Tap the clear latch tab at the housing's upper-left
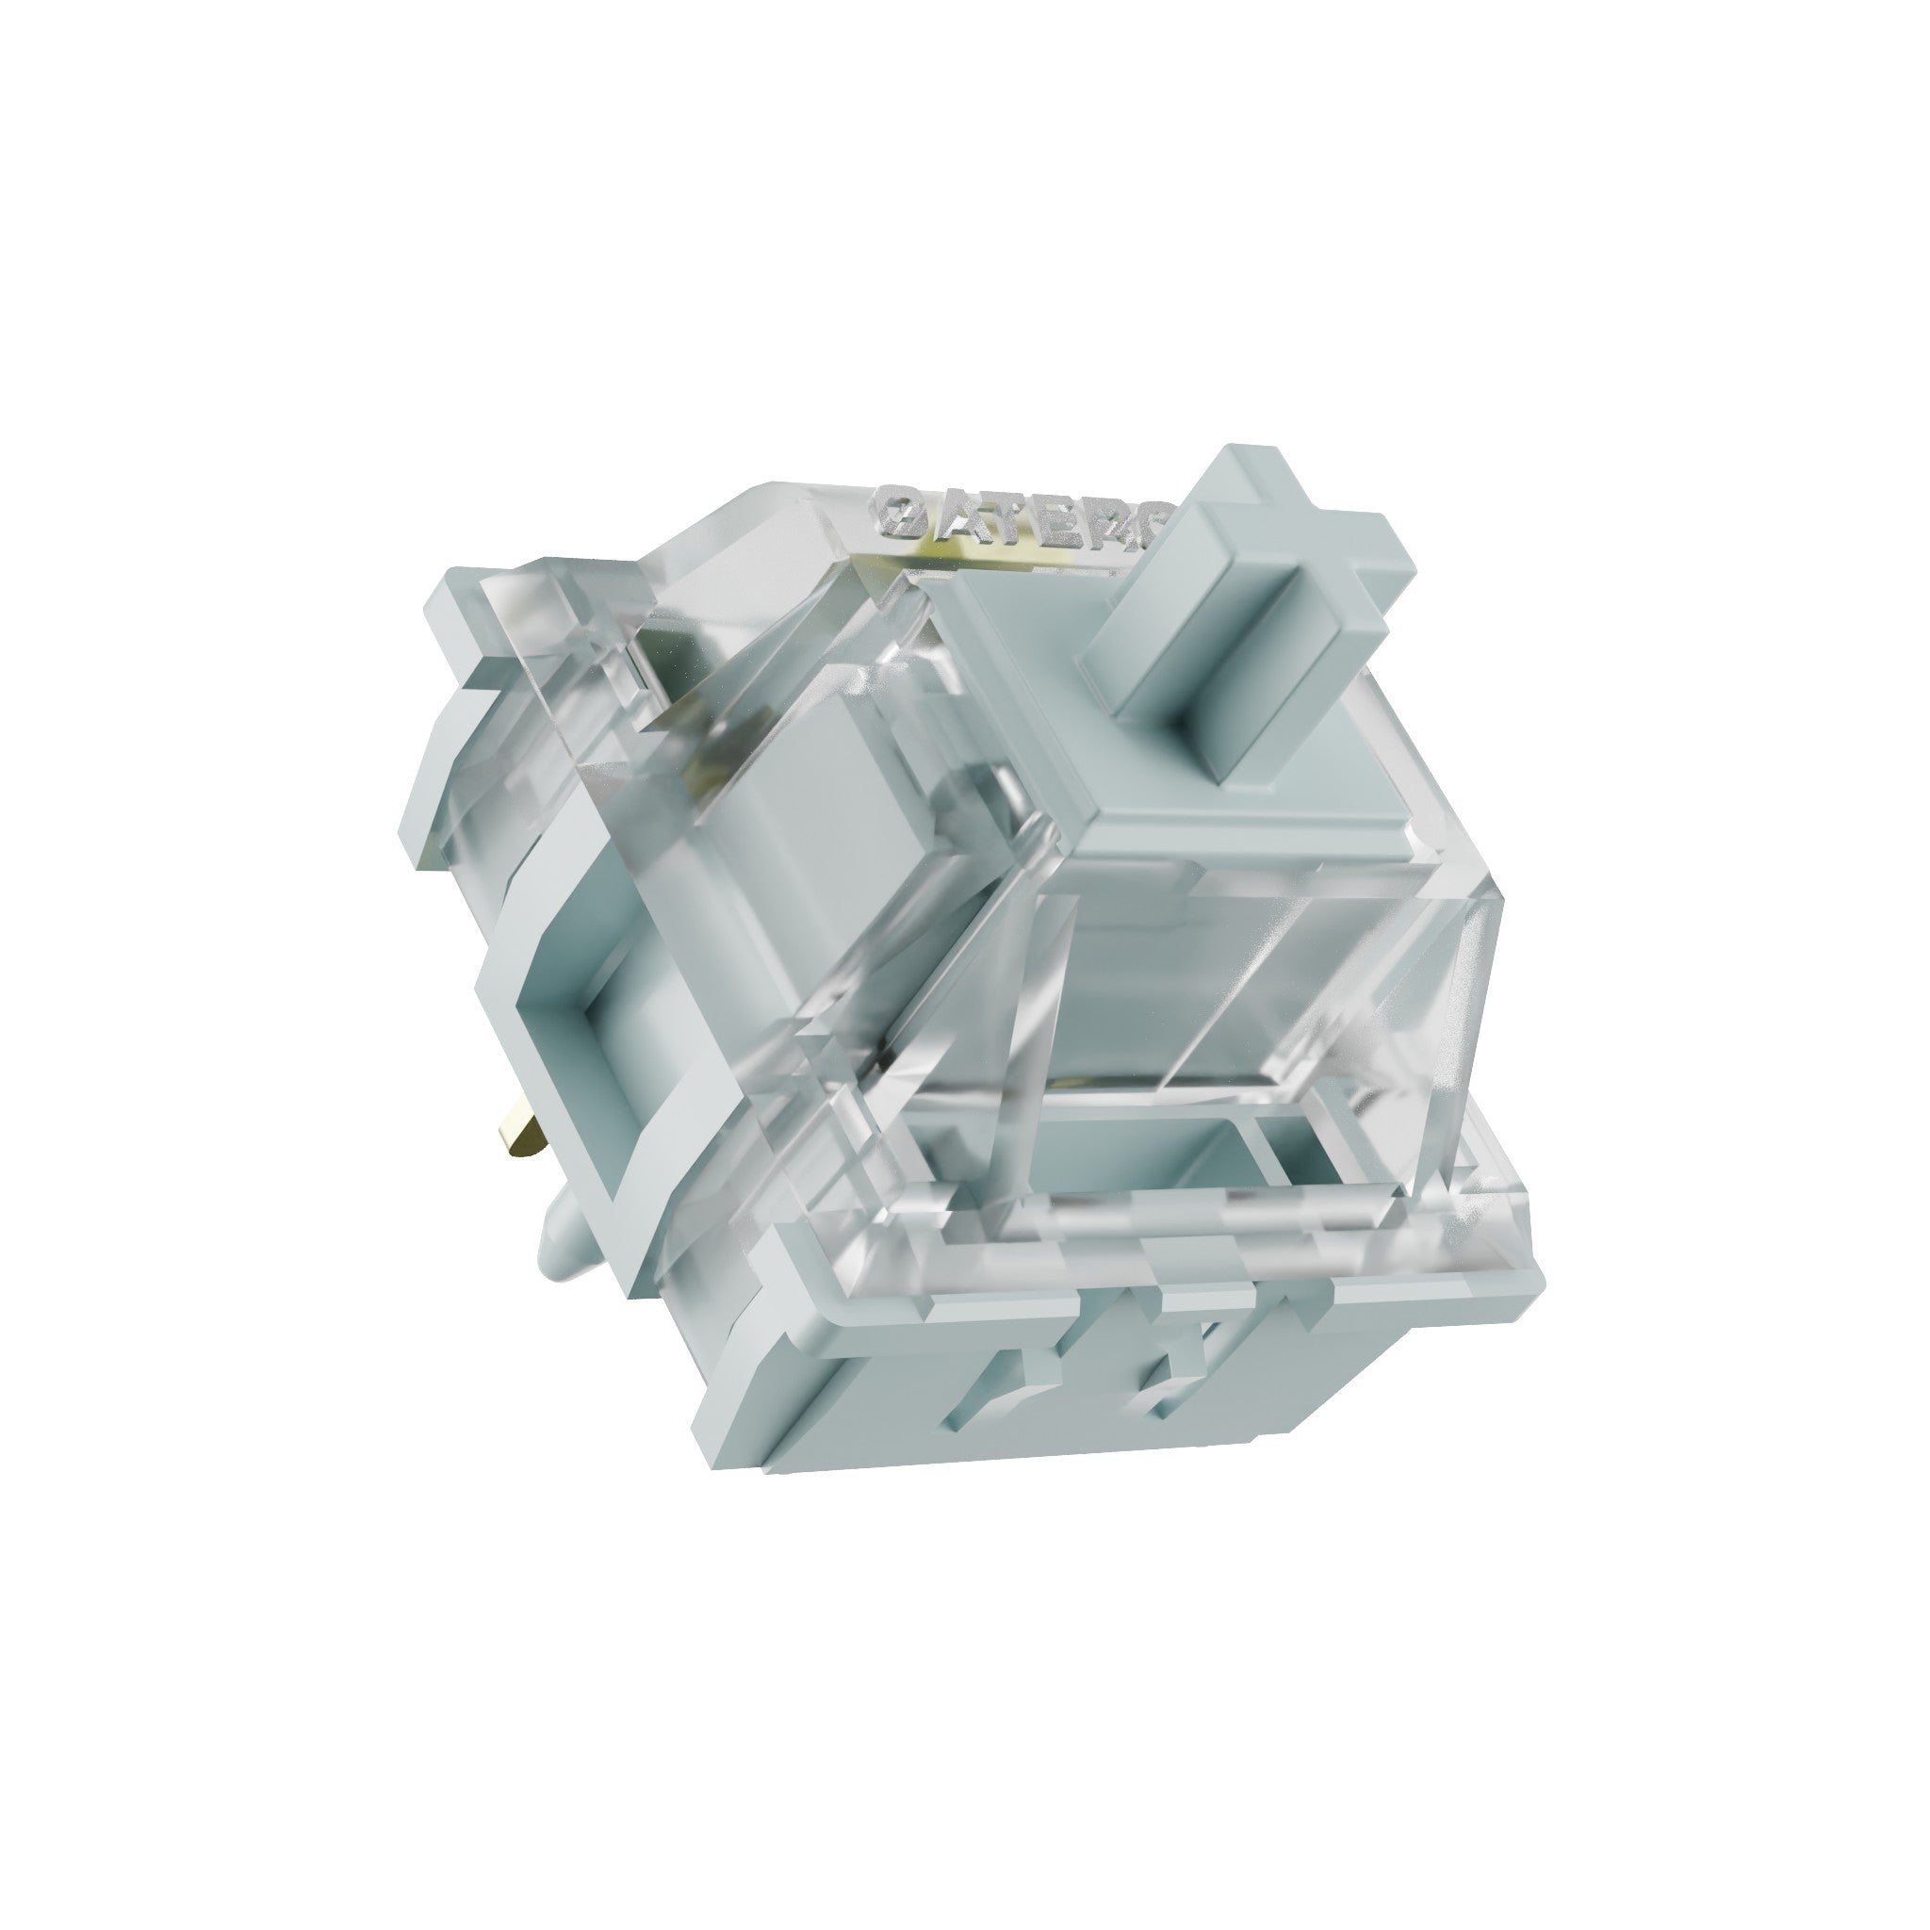click(560, 619)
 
